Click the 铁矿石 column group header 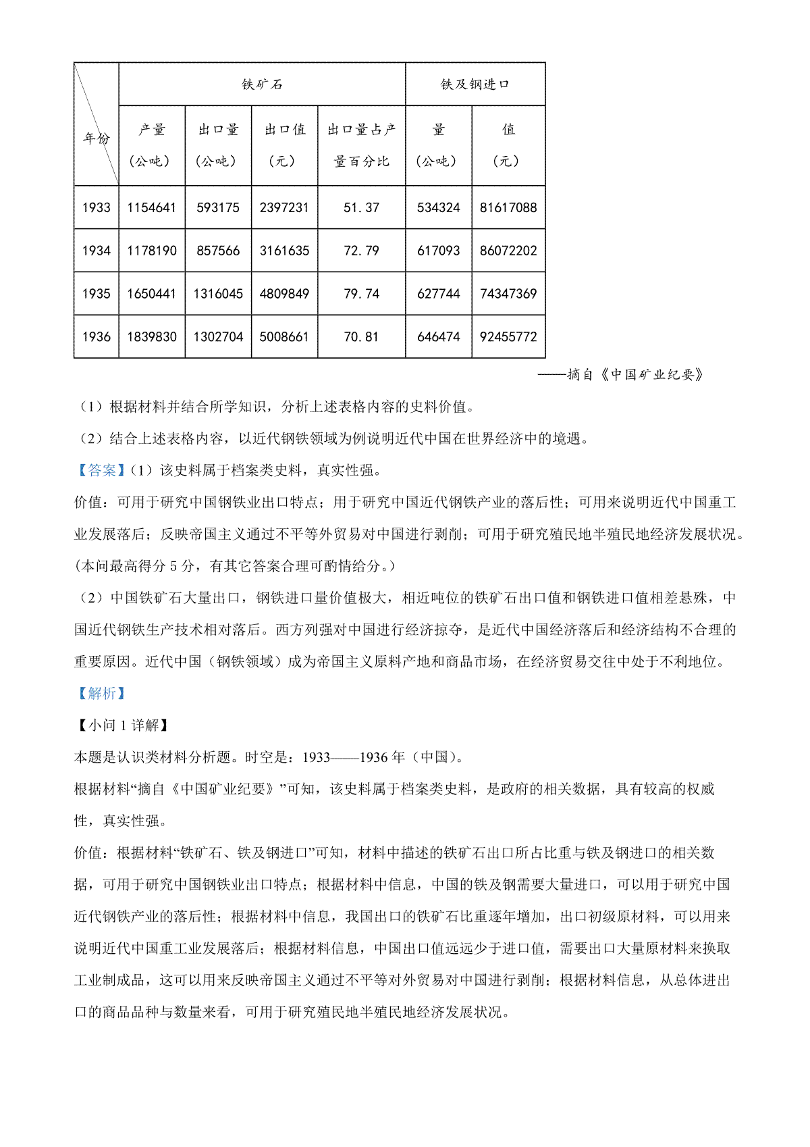click(262, 84)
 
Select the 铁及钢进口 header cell click(475, 84)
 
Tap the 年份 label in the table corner click(96, 138)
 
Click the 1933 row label click(96, 207)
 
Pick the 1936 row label click(96, 336)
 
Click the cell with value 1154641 click(151, 207)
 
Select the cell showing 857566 click(218, 251)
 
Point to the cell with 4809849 click(284, 294)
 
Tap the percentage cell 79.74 click(361, 294)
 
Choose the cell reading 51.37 click(361, 207)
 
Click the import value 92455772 click(508, 336)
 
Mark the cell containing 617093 click(438, 251)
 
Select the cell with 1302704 click(218, 336)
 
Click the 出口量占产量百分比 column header click(361, 145)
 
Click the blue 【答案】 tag click(101, 470)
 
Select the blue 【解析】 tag click(101, 693)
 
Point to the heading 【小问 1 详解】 click(122, 725)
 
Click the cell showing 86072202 click(508, 251)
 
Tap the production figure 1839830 click(151, 336)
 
